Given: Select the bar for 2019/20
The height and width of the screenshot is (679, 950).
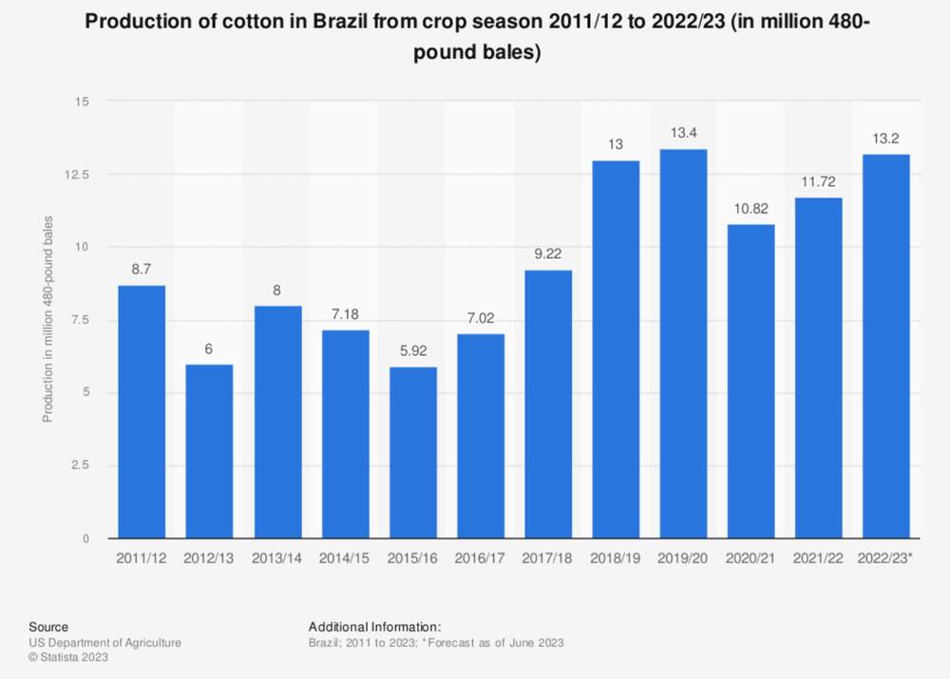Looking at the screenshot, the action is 683,344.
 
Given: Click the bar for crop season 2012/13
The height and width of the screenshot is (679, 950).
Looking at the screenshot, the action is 209,451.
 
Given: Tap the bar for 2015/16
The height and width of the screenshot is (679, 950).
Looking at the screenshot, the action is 413,452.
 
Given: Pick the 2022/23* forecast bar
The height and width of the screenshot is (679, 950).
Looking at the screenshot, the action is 885,347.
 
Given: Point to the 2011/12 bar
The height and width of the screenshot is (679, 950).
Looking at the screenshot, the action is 142,412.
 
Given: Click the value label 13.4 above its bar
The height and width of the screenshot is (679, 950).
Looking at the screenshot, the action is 683,133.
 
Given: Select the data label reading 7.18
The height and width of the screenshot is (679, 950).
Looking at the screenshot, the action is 345,313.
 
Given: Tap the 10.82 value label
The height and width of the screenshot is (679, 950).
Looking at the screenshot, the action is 751,208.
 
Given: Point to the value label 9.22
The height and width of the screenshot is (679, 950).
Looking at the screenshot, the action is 548,254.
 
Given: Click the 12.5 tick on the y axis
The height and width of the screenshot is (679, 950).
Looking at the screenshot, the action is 78,175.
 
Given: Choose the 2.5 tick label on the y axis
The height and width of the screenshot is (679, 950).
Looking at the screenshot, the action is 81,465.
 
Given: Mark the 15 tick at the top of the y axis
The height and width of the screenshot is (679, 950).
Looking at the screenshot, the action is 83,102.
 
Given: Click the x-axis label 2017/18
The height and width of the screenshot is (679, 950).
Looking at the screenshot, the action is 547,557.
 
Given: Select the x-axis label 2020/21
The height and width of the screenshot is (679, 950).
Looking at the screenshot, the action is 750,557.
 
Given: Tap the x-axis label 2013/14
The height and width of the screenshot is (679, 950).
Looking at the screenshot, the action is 276,557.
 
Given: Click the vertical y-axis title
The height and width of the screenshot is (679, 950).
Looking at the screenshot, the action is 47,319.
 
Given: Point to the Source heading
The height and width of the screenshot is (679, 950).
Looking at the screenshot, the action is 48,627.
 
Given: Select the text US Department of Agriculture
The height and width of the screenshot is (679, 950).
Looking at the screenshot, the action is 104,643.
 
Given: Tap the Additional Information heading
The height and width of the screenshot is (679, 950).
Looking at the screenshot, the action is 374,627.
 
